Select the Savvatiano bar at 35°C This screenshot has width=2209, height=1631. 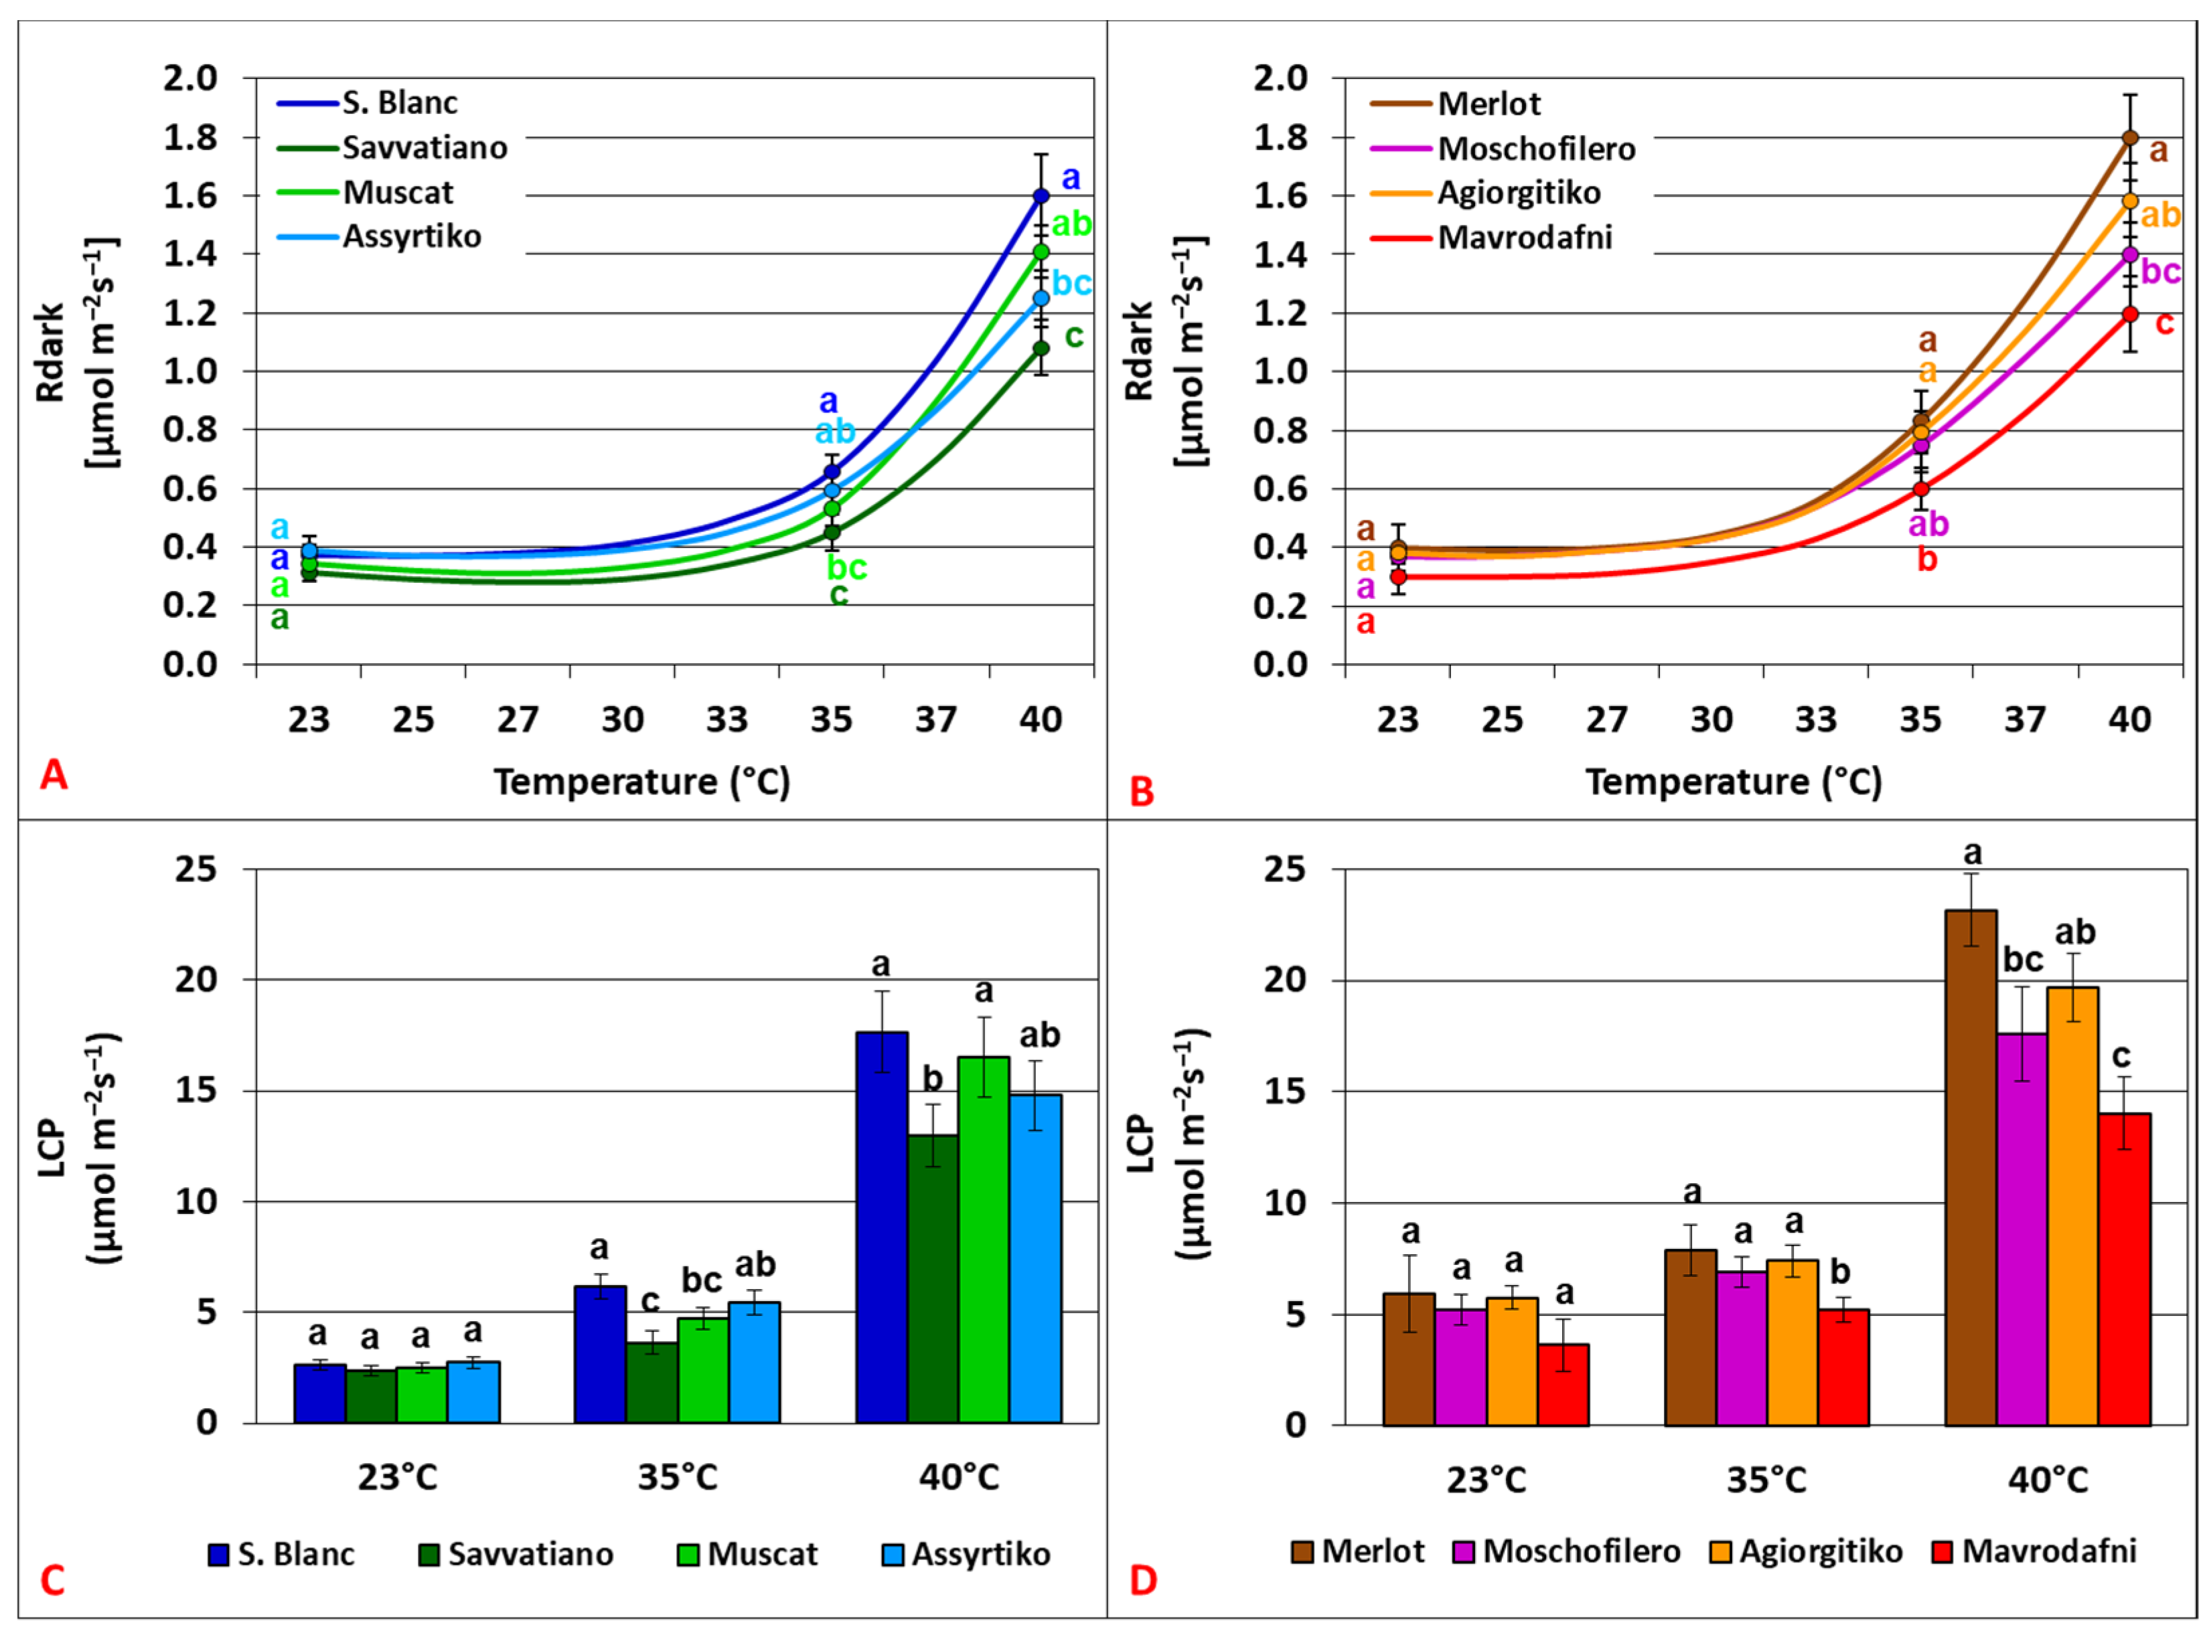tap(651, 1381)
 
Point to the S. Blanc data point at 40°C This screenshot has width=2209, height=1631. tap(1041, 195)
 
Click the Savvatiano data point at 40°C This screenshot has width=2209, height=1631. tap(1041, 347)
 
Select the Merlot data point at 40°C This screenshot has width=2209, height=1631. tap(2130, 137)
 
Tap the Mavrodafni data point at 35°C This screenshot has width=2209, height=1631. tap(1920, 489)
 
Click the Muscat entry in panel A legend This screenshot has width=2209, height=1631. tap(398, 193)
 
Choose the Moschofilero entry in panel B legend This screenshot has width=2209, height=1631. tap(1535, 149)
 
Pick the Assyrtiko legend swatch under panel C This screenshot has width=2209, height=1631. tap(893, 1555)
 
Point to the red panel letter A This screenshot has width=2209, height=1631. tap(54, 775)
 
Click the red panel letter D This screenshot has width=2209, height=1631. tap(1142, 1581)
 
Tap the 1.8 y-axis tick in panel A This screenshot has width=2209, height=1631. tap(191, 137)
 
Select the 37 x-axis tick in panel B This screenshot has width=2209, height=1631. tap(2024, 719)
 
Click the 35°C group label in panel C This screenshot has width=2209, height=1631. tap(678, 1477)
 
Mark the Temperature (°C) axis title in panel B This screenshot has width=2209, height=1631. tap(1733, 782)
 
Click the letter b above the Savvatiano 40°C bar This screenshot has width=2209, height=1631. tap(932, 1079)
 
